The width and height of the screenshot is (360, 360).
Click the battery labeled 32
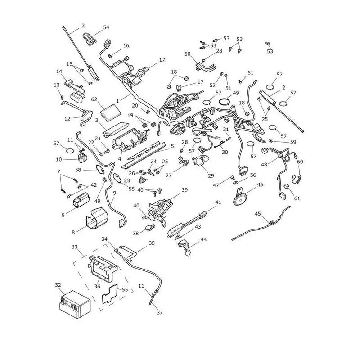[x=75, y=304]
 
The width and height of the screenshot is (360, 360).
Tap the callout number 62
[x=94, y=99]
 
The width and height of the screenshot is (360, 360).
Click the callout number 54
[x=106, y=27]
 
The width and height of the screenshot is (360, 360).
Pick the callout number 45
[x=258, y=214]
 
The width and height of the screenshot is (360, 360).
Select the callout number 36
[x=97, y=286]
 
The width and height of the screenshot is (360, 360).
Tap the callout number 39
[x=184, y=190]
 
